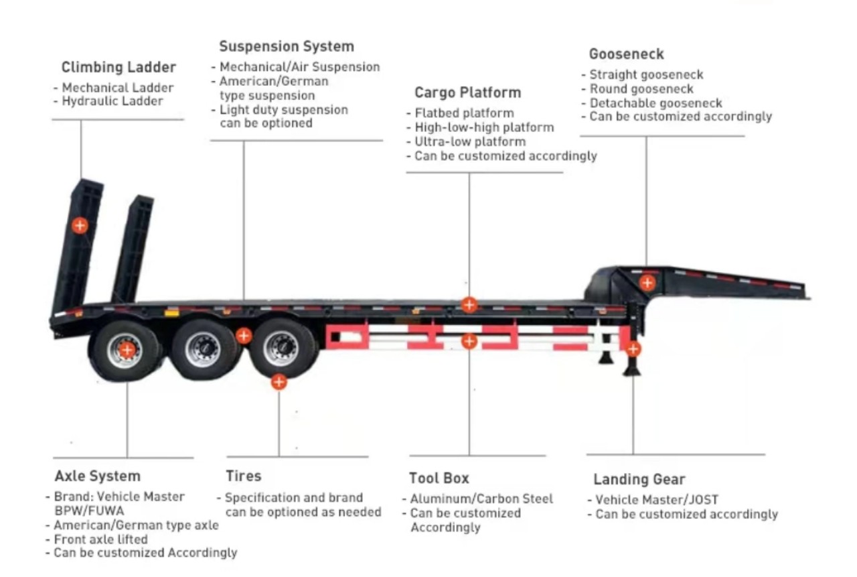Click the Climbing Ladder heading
tap(119, 67)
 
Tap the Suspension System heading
tap(287, 46)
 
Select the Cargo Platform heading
tap(467, 92)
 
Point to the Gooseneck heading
tap(626, 54)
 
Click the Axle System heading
tap(98, 476)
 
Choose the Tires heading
tap(244, 476)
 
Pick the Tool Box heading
tap(439, 478)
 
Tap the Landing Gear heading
tap(639, 480)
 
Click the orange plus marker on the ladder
tap(80, 225)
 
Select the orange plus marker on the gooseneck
tap(647, 282)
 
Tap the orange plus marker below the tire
tap(279, 382)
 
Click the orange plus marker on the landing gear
tap(633, 348)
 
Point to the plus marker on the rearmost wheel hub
tap(127, 349)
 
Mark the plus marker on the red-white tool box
tap(469, 341)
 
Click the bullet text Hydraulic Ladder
tap(112, 101)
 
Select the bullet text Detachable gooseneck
tap(655, 103)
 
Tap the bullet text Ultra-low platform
tap(470, 141)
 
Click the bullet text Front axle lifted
tap(100, 539)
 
